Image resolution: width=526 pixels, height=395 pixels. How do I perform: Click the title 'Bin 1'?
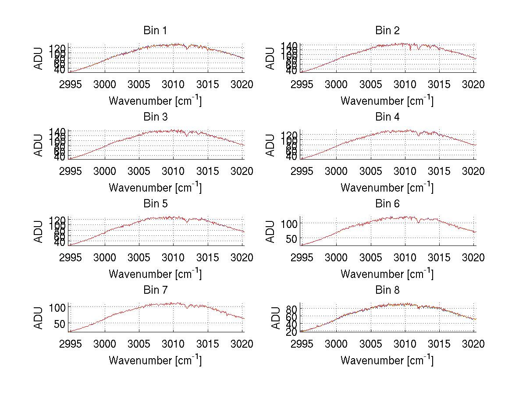[155, 31]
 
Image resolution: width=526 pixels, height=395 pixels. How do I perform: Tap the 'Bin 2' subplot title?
[387, 31]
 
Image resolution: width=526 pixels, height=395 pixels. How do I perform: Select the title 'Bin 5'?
[155, 204]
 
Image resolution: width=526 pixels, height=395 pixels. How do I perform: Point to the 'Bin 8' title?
[387, 290]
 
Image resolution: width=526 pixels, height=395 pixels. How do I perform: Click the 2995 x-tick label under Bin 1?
[70, 85]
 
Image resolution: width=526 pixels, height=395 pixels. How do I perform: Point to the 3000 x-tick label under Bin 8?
[336, 345]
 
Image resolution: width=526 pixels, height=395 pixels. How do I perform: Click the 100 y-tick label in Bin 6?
[290, 223]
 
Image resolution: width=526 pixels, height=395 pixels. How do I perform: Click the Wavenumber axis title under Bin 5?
[155, 274]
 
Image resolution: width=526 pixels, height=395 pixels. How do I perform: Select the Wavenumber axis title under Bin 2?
[387, 101]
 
